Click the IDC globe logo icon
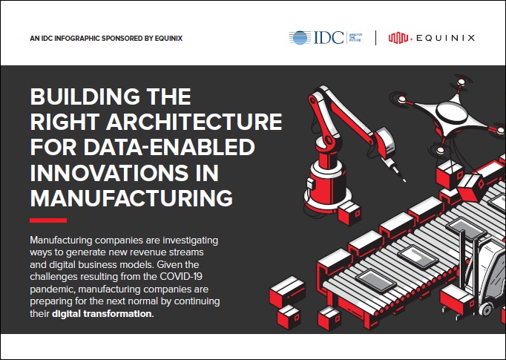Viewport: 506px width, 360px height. [x=300, y=38]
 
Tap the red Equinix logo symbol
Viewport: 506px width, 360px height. [x=398, y=38]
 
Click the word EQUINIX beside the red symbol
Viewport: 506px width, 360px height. [x=445, y=38]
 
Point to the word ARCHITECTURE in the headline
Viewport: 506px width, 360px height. [x=194, y=122]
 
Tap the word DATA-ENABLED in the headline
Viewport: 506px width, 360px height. [x=169, y=147]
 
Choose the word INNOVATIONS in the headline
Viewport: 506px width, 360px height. [x=109, y=172]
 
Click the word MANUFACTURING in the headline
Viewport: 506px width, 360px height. [x=131, y=197]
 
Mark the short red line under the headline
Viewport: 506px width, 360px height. [x=48, y=220]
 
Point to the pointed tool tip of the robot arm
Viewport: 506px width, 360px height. [x=404, y=180]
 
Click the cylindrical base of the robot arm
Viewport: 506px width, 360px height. [x=327, y=190]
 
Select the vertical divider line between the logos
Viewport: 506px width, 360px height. [x=375, y=38]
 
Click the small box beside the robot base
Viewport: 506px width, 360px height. [x=349, y=213]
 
